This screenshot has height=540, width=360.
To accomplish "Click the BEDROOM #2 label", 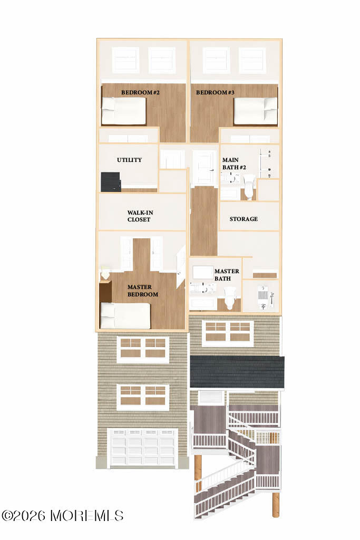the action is (x=140, y=92).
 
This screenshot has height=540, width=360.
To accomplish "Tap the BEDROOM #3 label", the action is (x=215, y=92).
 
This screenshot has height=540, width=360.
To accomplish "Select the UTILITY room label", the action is (x=129, y=160).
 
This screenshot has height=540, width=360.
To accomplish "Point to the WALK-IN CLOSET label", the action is (x=140, y=216).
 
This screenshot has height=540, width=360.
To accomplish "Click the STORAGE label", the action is (x=244, y=219).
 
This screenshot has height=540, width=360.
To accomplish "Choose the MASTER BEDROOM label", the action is (x=142, y=291).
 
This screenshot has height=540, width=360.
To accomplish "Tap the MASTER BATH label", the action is (x=227, y=274).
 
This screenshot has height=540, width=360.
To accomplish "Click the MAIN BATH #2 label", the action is (x=234, y=163).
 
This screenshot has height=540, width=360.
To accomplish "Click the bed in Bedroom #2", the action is (x=123, y=111).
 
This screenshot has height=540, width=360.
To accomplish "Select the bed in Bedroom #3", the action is (x=255, y=111).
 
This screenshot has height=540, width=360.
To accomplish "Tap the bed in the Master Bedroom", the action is (x=125, y=316).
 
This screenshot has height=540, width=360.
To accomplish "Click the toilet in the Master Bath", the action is (x=230, y=298).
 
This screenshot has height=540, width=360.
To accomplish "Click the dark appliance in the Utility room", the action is (x=111, y=181).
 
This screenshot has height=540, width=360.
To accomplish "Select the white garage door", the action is (x=143, y=448).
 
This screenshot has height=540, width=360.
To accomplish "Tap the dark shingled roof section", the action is (x=237, y=372).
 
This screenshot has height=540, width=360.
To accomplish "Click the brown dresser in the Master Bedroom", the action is (x=105, y=292).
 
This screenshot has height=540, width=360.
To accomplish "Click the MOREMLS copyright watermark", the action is (x=62, y=516).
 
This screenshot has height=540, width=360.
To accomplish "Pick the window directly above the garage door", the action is (x=143, y=397).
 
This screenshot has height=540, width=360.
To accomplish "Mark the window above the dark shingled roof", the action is (x=228, y=333).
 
